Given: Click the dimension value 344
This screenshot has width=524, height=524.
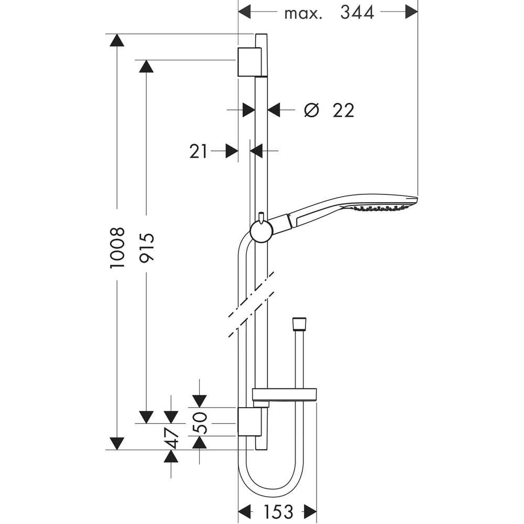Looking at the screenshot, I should click(x=357, y=12).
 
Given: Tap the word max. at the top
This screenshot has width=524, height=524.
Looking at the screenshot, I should click(x=303, y=13).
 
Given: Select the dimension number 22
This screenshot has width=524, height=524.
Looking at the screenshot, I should click(x=343, y=110).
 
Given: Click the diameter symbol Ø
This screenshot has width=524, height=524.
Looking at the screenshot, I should click(x=311, y=110).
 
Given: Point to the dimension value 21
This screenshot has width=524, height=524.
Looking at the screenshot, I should click(x=198, y=151).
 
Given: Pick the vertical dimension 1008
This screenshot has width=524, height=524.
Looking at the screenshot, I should click(x=117, y=247).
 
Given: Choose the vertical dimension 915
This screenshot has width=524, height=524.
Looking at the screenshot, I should click(x=146, y=247).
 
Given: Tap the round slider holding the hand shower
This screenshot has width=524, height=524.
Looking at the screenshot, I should click(x=260, y=231).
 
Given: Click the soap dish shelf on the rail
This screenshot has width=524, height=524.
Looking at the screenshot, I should click(x=285, y=395).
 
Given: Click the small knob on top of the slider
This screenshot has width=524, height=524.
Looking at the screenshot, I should click(x=260, y=216).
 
